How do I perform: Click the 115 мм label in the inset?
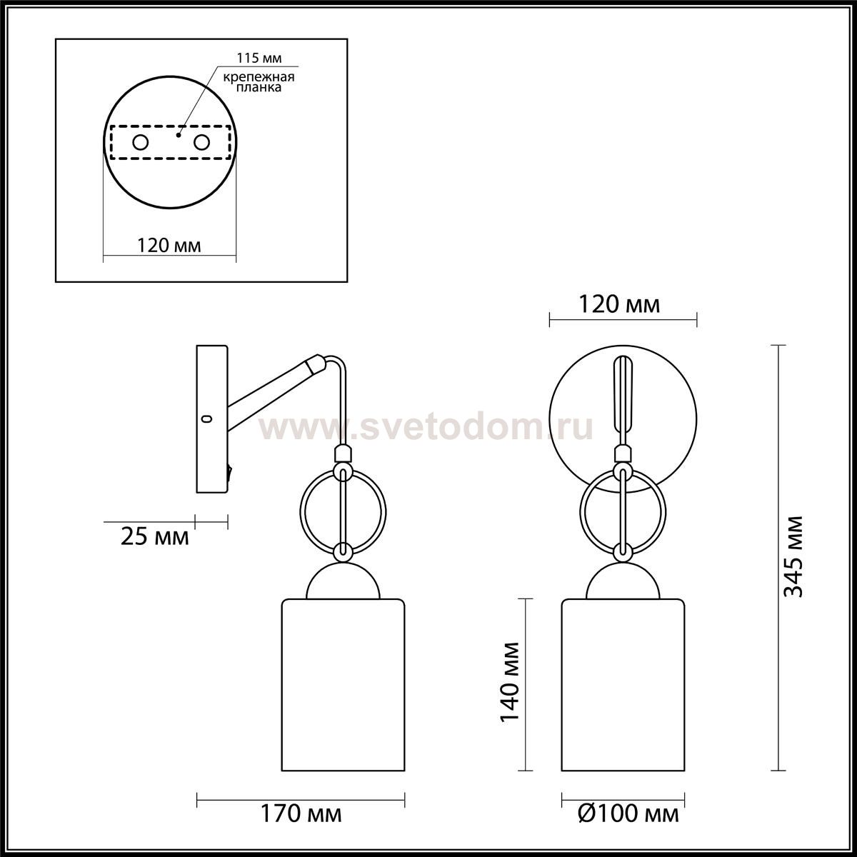259,59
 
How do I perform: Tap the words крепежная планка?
259,82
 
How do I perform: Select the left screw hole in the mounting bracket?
141,143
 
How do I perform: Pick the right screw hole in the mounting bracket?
201,143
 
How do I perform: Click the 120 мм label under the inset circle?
169,245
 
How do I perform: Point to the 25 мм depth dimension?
155,537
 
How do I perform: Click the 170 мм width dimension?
301,814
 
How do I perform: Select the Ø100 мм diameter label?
628,814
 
